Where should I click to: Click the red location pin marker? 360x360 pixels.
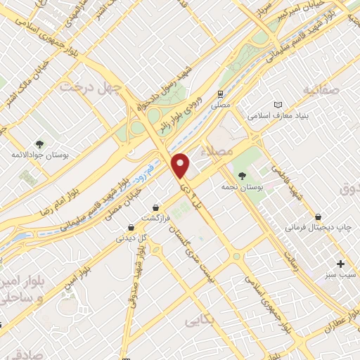click(x=181, y=165)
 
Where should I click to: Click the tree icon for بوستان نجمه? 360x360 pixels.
click(x=243, y=176)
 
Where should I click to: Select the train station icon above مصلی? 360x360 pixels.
click(x=221, y=93)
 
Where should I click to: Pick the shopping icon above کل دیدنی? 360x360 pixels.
click(x=131, y=227)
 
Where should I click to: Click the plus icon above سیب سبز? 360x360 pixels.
click(x=341, y=264)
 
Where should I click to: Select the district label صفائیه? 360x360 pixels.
click(x=321, y=91)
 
